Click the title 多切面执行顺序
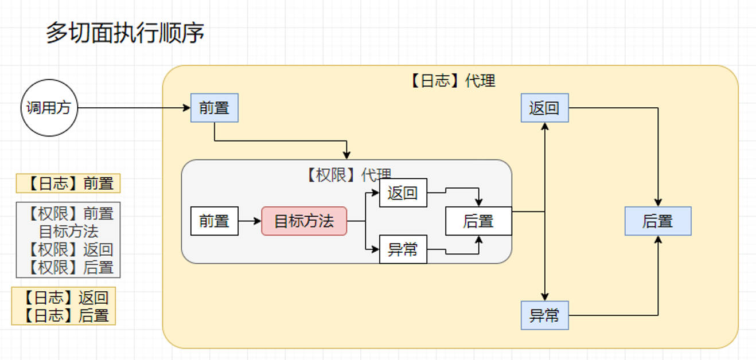point(125,33)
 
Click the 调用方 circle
point(49,108)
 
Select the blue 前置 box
point(214,108)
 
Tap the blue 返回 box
point(544,108)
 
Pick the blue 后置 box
point(657,221)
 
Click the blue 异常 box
point(544,315)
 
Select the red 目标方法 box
point(304,221)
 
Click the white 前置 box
point(214,221)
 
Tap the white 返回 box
point(403,193)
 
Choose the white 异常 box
point(403,249)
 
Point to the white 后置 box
point(478,221)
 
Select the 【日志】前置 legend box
point(68,183)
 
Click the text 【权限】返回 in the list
point(68,249)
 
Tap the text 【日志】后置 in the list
point(64,315)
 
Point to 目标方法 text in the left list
point(68,232)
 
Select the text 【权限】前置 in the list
point(68,213)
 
